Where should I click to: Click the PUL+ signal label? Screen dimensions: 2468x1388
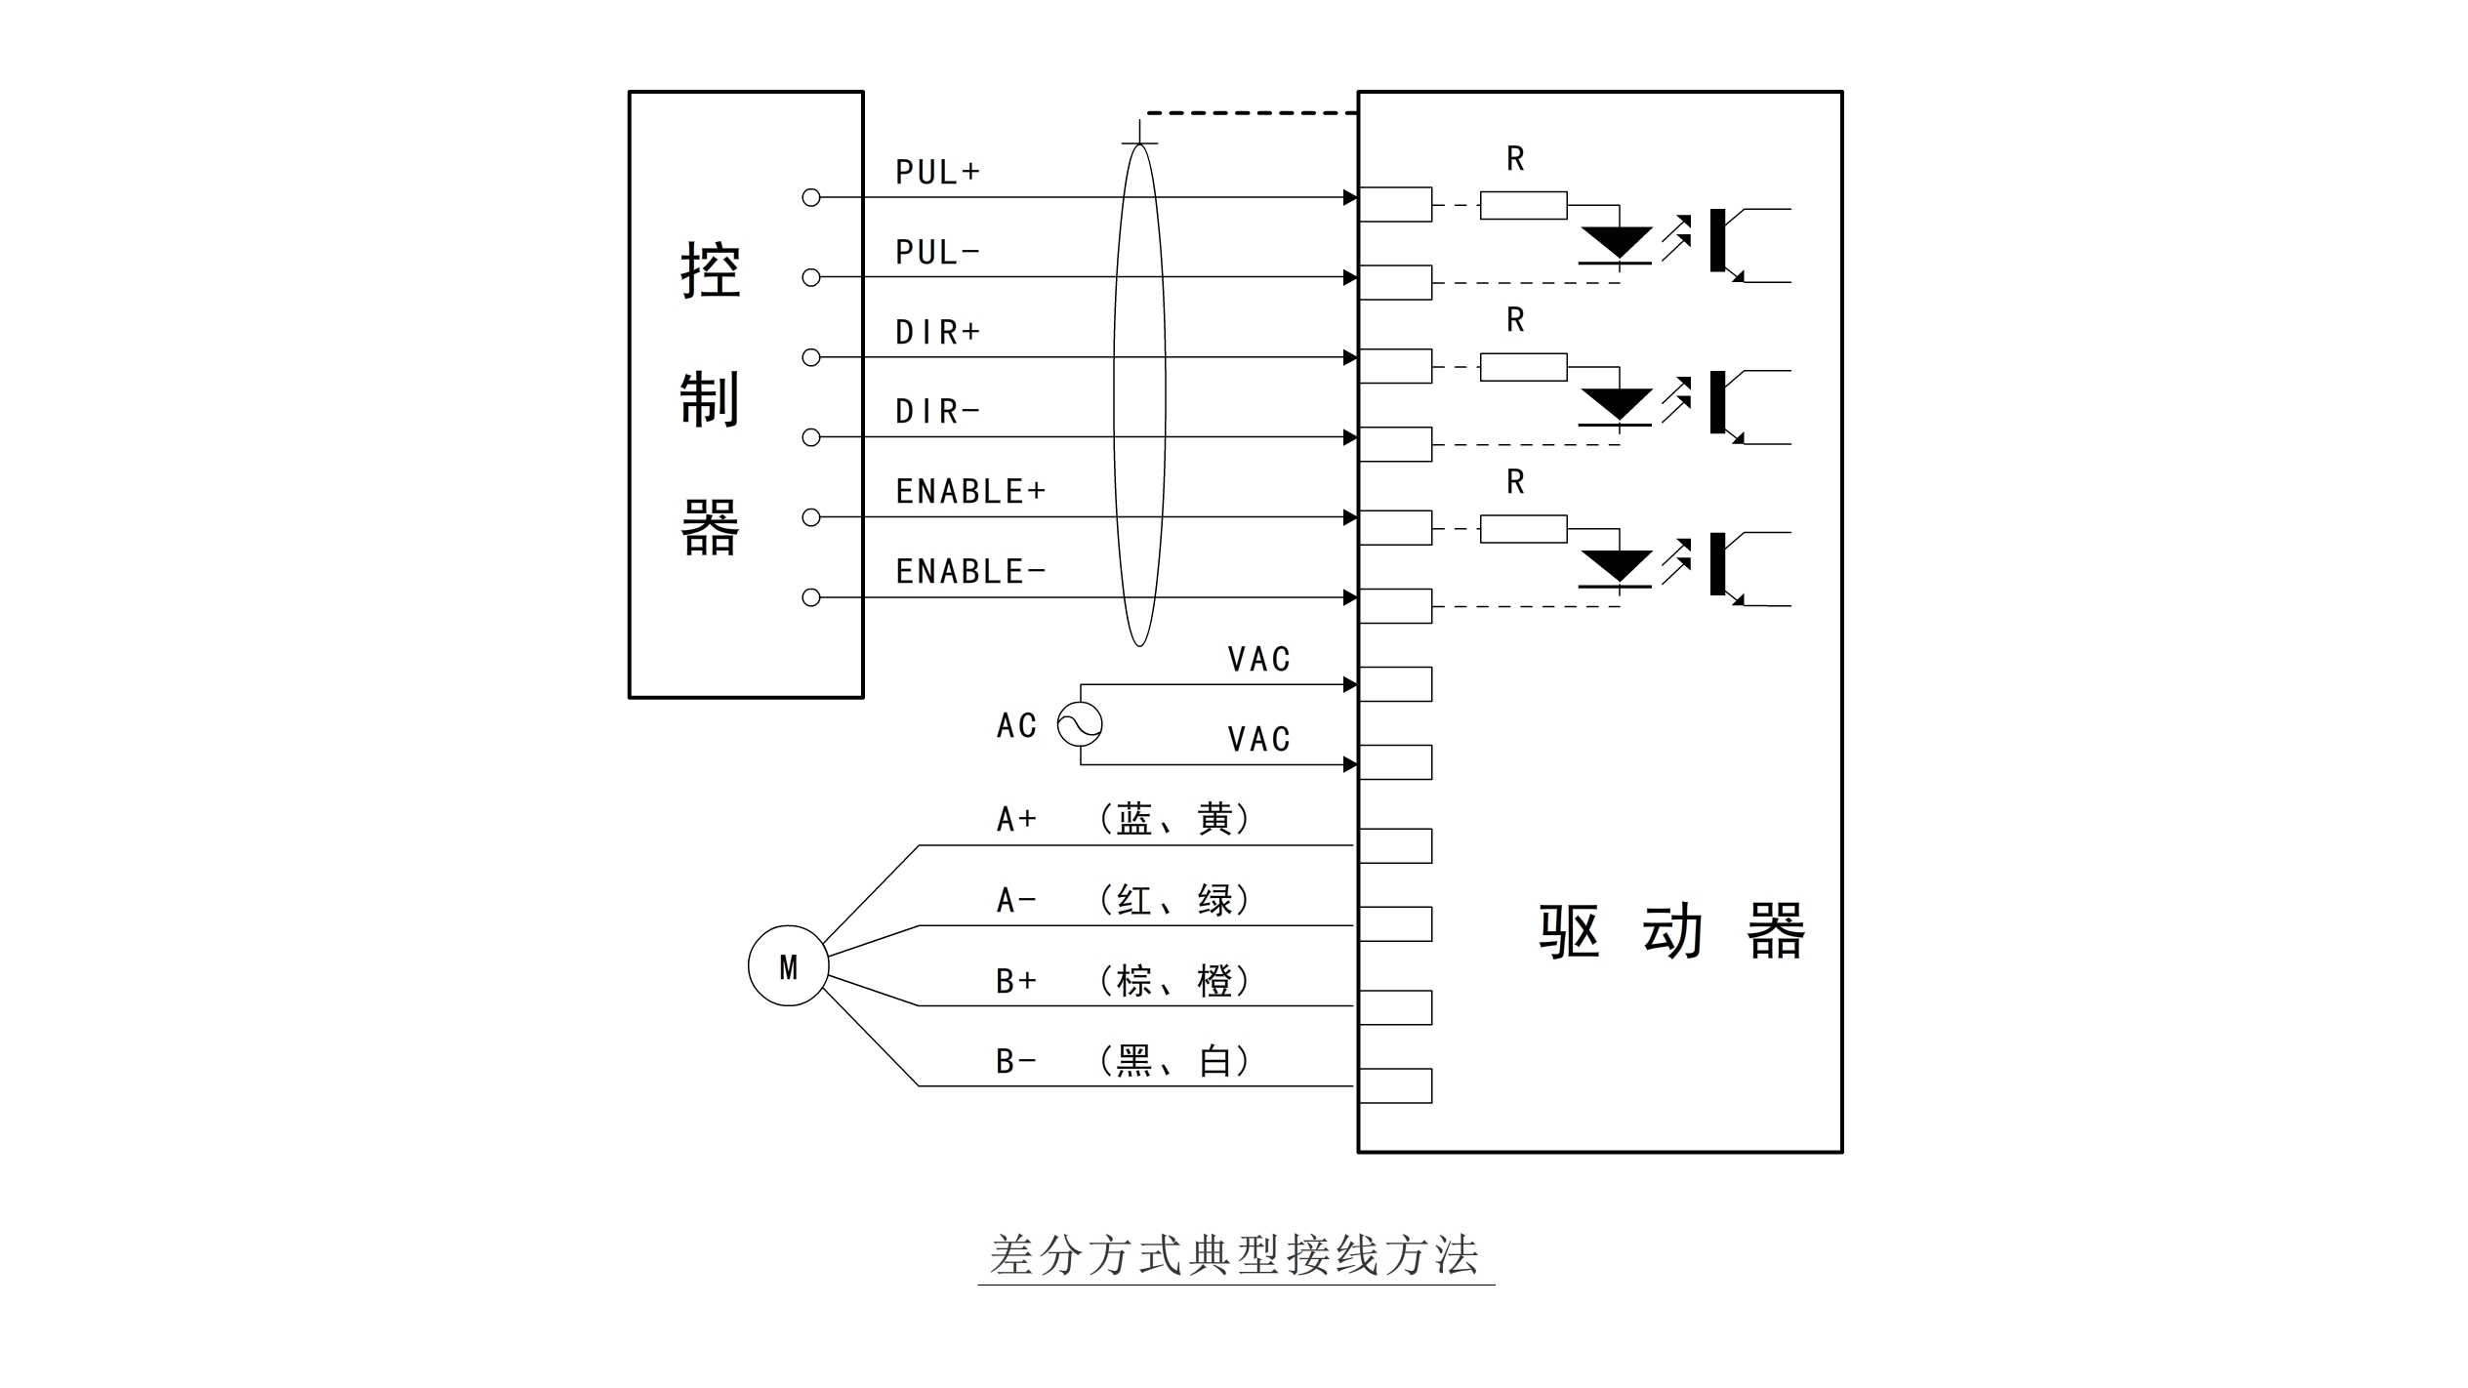click(x=937, y=172)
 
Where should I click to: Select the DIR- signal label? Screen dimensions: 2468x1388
click(x=937, y=411)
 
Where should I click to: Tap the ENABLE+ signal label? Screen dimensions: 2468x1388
click(x=970, y=491)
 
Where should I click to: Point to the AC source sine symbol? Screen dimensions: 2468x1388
click(x=1080, y=724)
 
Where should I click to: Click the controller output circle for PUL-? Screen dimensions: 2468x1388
click(x=810, y=277)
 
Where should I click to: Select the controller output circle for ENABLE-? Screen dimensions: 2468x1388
click(x=810, y=597)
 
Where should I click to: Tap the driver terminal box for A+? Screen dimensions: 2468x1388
click(x=1395, y=845)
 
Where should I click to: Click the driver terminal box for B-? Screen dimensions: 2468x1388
click(x=1395, y=1085)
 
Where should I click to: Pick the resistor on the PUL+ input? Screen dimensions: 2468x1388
click(x=1523, y=205)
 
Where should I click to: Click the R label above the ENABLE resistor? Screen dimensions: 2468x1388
click(x=1515, y=481)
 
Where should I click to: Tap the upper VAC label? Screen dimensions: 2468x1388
click(x=1258, y=659)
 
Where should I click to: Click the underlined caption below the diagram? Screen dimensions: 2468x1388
click(x=1235, y=1255)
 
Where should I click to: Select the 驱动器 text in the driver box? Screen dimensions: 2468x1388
click(x=1672, y=932)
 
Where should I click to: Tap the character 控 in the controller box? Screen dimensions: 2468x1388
click(x=710, y=270)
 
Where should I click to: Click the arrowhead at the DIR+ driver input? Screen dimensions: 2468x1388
click(x=1350, y=357)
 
